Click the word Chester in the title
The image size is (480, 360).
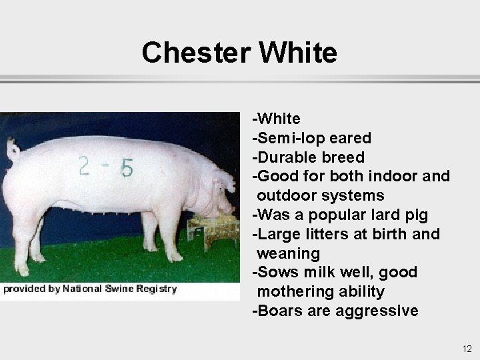pyautogui.click(x=194, y=52)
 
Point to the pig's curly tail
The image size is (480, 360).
pyautogui.click(x=13, y=148)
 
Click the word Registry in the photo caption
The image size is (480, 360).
pyautogui.click(x=156, y=289)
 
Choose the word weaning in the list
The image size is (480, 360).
pyautogui.click(x=288, y=253)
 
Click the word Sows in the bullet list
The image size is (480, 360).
pyautogui.click(x=273, y=272)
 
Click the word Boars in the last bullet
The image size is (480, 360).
pyautogui.click(x=277, y=311)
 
